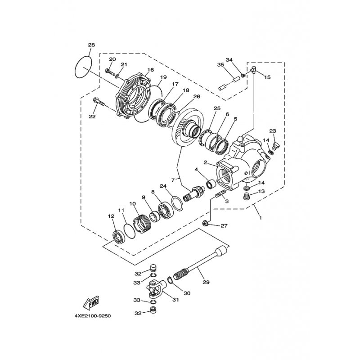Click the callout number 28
[x=91, y=45]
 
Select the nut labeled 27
[x=205, y=223]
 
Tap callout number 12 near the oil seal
[x=111, y=216]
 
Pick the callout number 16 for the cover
[x=150, y=70]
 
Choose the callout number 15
[x=267, y=77]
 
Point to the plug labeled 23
[x=275, y=144]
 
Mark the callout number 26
[x=196, y=96]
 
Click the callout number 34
[x=229, y=60]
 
